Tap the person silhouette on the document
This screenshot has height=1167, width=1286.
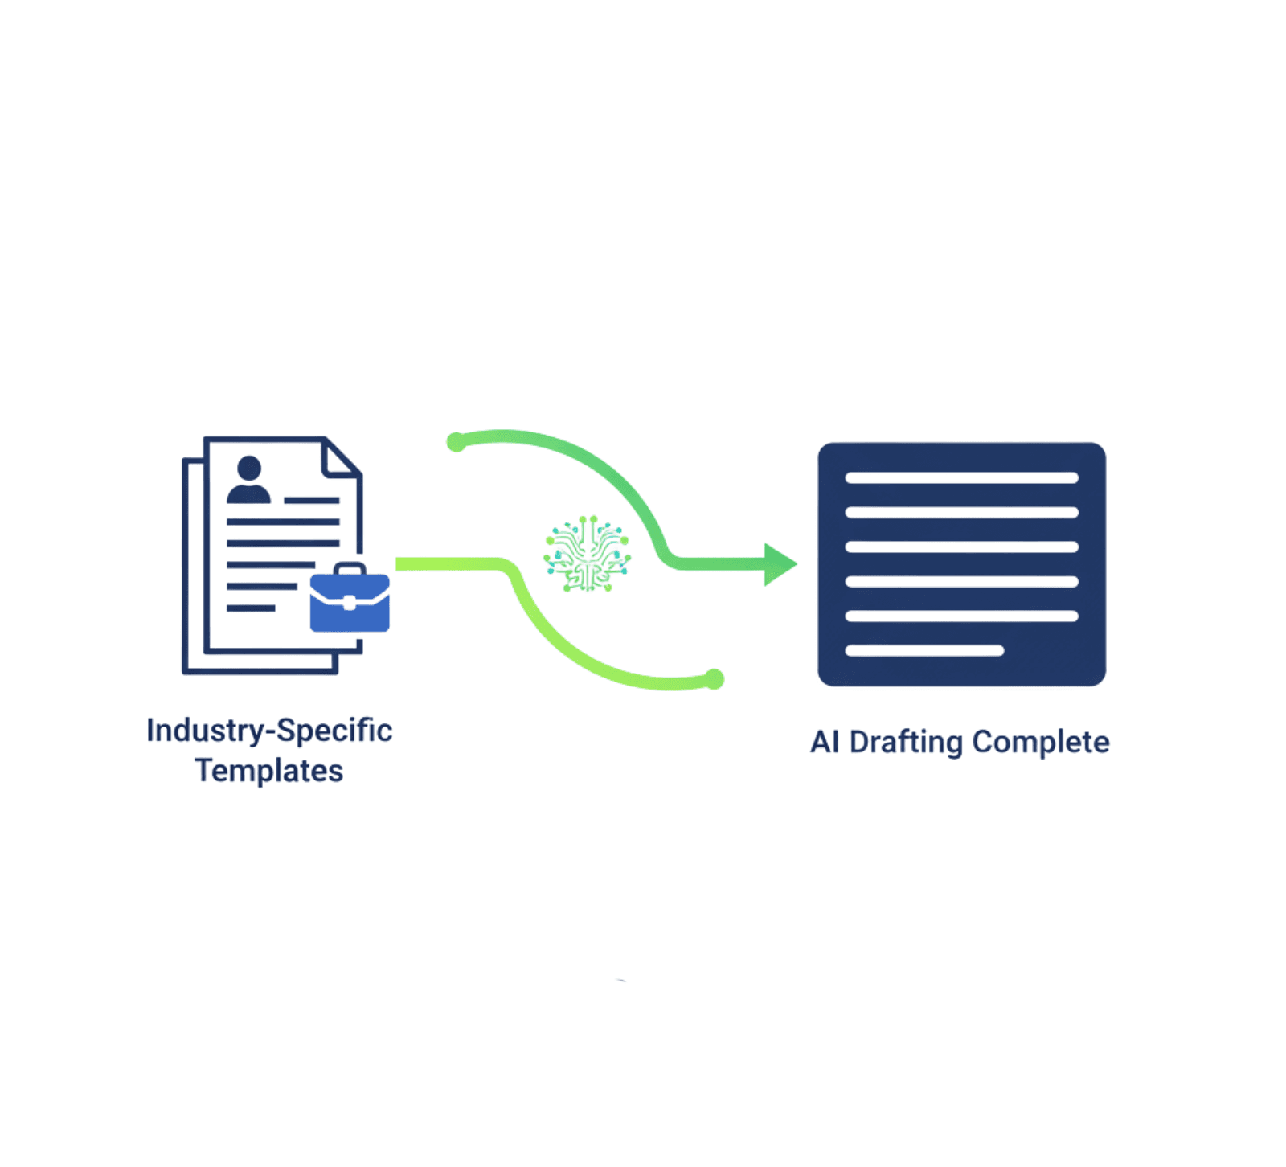249,481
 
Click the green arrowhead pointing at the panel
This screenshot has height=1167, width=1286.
779,564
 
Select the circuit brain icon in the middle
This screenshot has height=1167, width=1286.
588,554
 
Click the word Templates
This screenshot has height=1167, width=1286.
269,771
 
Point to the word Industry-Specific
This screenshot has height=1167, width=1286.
269,731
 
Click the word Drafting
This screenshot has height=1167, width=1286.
906,742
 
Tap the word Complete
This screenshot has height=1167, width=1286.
1041,742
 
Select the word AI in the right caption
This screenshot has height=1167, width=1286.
825,742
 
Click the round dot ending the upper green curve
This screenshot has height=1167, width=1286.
456,441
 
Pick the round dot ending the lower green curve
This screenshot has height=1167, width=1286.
715,679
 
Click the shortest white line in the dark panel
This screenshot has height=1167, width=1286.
924,651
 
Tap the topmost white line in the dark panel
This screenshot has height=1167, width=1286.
961,478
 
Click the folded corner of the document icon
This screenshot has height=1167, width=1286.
338,459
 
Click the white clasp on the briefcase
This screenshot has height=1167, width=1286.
350,603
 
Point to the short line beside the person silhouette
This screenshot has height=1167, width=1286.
312,500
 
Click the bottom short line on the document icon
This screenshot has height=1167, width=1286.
251,608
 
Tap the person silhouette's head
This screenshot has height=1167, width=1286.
249,468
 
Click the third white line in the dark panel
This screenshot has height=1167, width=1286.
961,547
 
